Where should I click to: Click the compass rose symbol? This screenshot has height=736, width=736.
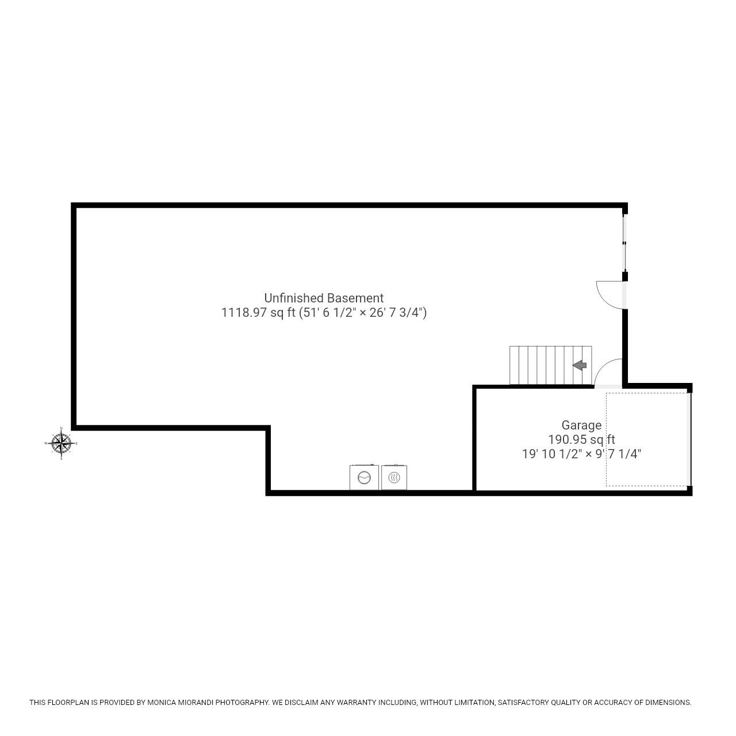click(x=61, y=443)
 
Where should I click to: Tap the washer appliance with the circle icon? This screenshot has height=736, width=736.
click(x=364, y=477)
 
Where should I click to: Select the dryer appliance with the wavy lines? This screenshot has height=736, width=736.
click(x=394, y=477)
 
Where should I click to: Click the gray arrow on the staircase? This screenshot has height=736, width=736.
click(x=579, y=365)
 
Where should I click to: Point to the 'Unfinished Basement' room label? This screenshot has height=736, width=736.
click(x=324, y=298)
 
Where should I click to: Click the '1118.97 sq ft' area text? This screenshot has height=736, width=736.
click(x=258, y=313)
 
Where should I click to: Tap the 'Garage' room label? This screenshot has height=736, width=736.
click(x=581, y=425)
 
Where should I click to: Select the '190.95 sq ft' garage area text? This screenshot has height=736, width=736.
click(x=581, y=440)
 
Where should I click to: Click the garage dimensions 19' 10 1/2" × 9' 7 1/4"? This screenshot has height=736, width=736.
click(x=581, y=454)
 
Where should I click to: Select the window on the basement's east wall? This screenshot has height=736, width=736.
click(x=624, y=243)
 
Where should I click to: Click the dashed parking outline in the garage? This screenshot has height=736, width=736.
click(x=646, y=439)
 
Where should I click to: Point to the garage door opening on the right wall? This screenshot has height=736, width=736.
click(x=689, y=439)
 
